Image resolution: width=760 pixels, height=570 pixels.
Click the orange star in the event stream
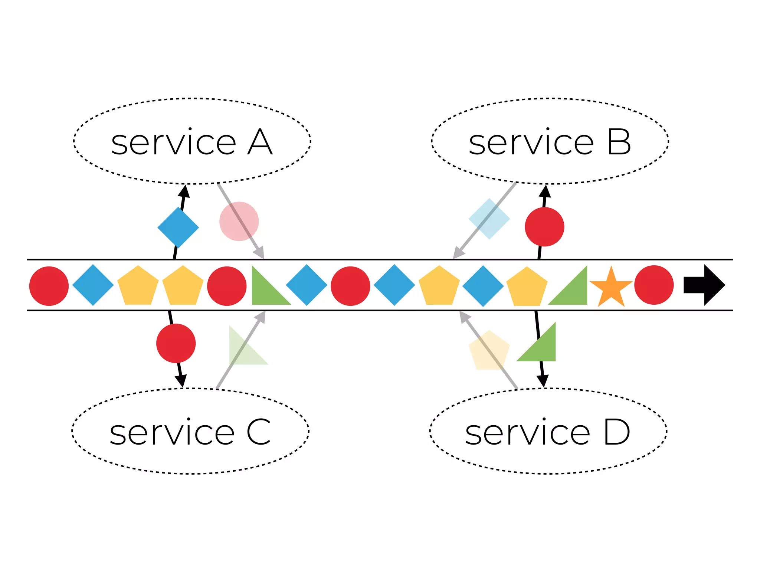tap(611, 288)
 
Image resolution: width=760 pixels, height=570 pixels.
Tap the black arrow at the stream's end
tap(704, 285)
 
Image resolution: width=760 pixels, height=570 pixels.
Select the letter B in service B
tap(619, 142)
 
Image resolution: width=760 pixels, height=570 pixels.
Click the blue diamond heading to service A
tap(178, 227)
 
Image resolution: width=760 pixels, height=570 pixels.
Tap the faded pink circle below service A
tap(239, 221)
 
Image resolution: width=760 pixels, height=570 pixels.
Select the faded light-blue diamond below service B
tap(489, 219)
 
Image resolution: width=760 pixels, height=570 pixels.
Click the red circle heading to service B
tap(544, 227)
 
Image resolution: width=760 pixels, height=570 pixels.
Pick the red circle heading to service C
tap(176, 343)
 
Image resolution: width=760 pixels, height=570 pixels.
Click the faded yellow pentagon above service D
tap(489, 351)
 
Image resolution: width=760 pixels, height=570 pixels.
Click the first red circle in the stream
tap(49, 286)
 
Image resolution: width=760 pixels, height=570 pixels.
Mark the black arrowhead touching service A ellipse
tap(184, 191)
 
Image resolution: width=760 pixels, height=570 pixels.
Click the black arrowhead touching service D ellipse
tap(543, 381)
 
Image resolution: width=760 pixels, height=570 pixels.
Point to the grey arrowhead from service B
tap(458, 253)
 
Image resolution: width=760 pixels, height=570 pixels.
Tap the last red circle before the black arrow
tap(654, 285)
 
